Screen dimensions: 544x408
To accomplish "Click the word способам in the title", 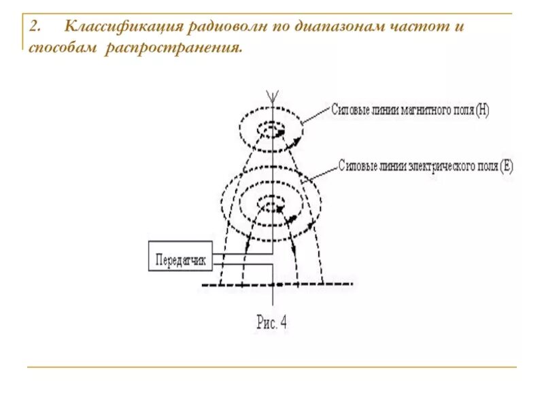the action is (64, 48).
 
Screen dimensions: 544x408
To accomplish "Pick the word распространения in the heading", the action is (173, 48).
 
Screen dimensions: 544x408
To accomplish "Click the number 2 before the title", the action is (35, 28).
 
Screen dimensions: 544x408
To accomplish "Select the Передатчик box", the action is (180, 258).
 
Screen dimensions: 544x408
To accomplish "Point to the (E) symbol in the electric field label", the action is (506, 165).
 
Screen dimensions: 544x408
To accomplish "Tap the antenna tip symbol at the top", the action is (273, 96).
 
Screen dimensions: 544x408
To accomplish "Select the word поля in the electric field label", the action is (489, 165).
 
